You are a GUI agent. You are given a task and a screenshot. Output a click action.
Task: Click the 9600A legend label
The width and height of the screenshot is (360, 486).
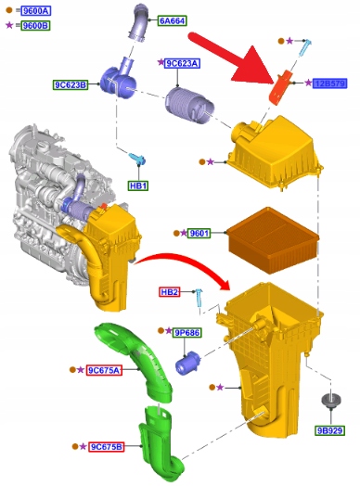pyautogui.click(x=36, y=11)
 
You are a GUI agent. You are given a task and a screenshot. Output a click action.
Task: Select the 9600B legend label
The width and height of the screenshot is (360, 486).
pyautogui.click(x=35, y=25)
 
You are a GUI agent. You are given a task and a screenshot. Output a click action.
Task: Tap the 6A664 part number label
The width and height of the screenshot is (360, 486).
pyautogui.click(x=172, y=20)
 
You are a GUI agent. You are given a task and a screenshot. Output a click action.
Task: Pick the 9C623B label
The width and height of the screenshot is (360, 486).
pyautogui.click(x=71, y=84)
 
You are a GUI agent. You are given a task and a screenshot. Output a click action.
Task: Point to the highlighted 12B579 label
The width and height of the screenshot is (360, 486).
pyautogui.click(x=329, y=83)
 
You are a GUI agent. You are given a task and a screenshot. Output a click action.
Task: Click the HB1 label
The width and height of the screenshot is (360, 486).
pyautogui.click(x=138, y=185)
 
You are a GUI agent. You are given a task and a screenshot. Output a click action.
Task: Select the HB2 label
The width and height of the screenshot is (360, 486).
pyautogui.click(x=170, y=292)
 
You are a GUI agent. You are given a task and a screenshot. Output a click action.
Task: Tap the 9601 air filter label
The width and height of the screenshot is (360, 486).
pyautogui.click(x=199, y=233)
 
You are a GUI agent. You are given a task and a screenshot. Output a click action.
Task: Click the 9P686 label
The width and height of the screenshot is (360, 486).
pyautogui.click(x=186, y=333)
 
